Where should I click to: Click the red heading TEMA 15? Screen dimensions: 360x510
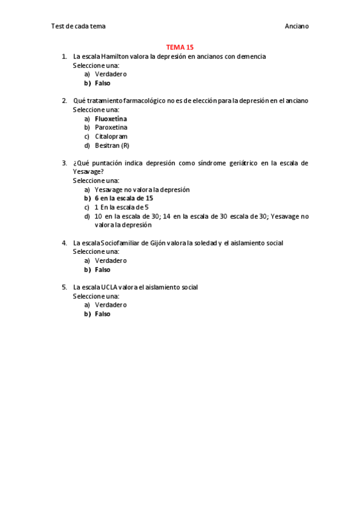[180, 47]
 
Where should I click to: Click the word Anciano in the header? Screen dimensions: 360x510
[296, 26]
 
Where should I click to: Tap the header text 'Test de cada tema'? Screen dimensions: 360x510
[78, 26]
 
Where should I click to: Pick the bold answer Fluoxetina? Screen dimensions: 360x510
[111, 118]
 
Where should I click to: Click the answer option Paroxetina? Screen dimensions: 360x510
[111, 127]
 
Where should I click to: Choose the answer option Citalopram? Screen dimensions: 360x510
[111, 137]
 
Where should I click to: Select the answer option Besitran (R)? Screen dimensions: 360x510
[112, 146]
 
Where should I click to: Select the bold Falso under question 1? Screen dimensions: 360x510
[102, 84]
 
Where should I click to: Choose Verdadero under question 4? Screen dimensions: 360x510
[111, 260]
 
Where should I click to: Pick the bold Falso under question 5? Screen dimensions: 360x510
[102, 314]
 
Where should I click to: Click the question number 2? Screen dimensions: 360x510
[64, 100]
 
